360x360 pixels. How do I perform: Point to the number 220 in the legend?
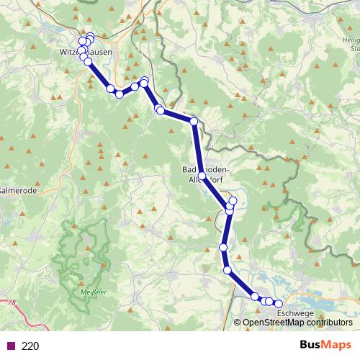(x=30, y=346)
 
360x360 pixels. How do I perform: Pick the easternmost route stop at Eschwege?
(x=279, y=304)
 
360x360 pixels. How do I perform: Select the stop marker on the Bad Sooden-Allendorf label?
(x=202, y=176)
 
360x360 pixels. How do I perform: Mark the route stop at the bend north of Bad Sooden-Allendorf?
(x=194, y=122)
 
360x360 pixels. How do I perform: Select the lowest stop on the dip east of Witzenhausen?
(x=119, y=94)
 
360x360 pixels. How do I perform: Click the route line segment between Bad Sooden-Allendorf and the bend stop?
(x=198, y=148)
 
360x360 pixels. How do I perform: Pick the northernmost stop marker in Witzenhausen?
(x=90, y=36)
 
